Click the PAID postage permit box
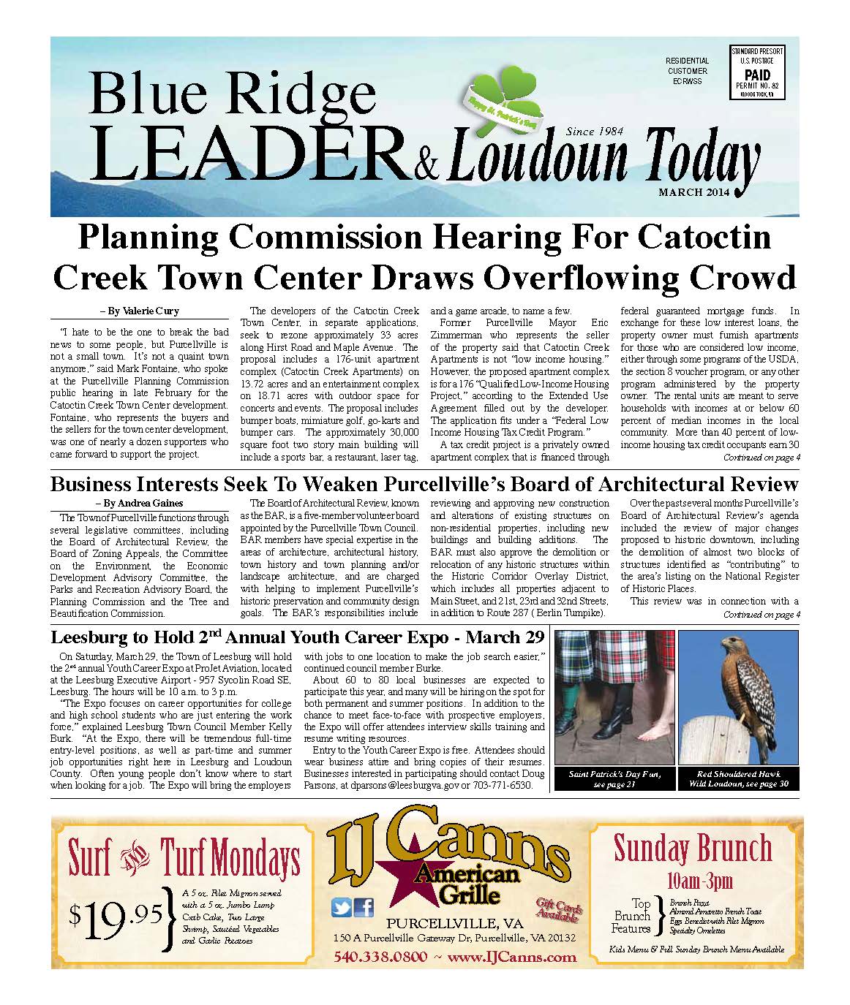pyautogui.click(x=757, y=73)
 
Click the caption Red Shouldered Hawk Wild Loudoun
pyautogui.click(x=738, y=778)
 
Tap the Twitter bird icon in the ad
pyautogui.click(x=342, y=907)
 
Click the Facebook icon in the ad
pyautogui.click(x=364, y=907)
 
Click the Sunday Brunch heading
pyautogui.click(x=692, y=849)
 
